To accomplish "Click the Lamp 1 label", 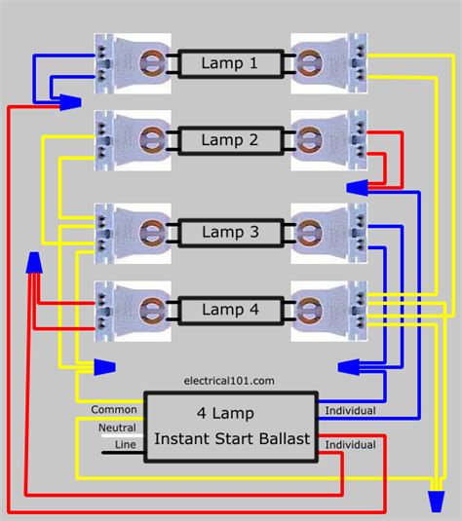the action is click(229, 63).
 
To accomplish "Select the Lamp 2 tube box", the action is click(231, 140).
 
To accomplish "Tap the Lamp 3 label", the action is click(230, 232).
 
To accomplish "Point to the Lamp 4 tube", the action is click(231, 311).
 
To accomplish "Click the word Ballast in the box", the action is click(285, 438).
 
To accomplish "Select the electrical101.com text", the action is click(229, 381).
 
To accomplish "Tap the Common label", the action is click(114, 409).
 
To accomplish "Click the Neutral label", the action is click(117, 428).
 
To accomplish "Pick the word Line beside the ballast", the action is click(126, 444).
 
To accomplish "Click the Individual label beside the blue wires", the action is click(350, 411).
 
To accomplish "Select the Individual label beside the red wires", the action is click(350, 445).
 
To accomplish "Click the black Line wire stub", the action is click(123, 453).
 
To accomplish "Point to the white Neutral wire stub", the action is click(123, 435).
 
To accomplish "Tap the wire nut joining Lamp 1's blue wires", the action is click(70, 102).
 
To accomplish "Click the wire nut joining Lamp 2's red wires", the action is click(358, 188).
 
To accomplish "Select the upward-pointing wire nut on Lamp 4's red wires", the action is click(34, 263).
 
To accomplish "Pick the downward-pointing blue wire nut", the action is click(436, 502).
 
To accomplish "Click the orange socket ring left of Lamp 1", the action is click(152, 62).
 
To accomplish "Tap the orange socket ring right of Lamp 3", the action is click(309, 232).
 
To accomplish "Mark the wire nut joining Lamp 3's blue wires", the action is click(349, 367).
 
